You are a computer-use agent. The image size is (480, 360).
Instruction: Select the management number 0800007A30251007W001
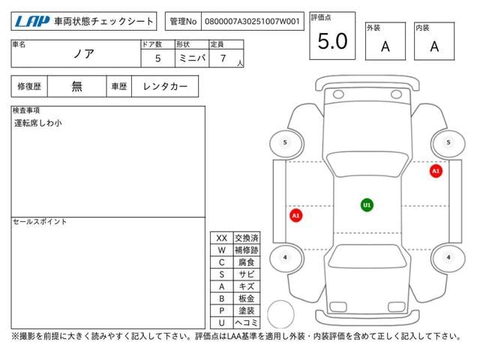tap(250, 22)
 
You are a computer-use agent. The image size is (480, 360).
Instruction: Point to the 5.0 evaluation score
tap(332, 42)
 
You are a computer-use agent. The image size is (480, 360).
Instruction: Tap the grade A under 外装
tap(385, 46)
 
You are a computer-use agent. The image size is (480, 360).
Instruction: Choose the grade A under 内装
tap(434, 46)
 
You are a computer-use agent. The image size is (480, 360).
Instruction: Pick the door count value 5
tap(157, 58)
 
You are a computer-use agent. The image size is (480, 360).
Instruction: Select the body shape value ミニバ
tap(190, 58)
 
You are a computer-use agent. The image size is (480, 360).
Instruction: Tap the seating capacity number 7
tap(222, 58)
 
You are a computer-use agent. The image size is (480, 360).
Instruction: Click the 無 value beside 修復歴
tap(77, 86)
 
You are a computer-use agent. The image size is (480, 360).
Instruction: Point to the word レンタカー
tap(165, 86)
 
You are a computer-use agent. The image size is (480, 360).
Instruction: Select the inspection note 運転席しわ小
tap(37, 122)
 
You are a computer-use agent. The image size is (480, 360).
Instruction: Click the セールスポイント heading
tap(40, 221)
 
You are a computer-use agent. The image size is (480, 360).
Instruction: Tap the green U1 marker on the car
tap(367, 204)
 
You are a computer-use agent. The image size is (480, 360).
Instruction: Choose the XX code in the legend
tap(221, 238)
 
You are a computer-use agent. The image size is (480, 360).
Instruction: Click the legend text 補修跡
tap(246, 250)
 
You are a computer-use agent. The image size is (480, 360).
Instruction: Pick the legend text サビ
tap(246, 274)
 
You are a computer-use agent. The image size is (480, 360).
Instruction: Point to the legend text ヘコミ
tap(246, 322)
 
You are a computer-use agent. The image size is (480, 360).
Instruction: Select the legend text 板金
tap(246, 298)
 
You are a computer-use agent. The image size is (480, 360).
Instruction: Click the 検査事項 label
tap(27, 110)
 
